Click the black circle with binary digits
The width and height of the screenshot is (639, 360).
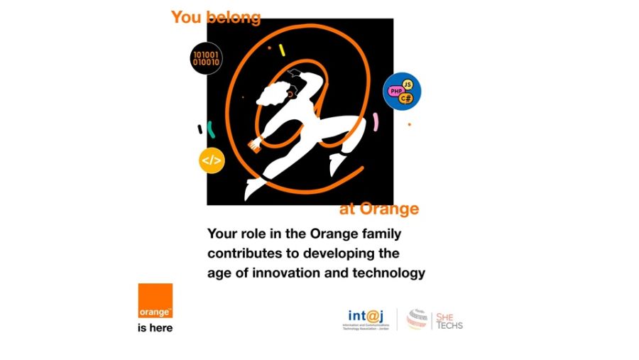click(206, 58)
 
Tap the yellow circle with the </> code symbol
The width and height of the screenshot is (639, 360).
click(211, 160)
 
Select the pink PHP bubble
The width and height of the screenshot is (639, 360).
click(395, 92)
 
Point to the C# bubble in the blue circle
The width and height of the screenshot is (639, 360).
click(406, 99)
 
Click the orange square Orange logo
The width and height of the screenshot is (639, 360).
click(155, 301)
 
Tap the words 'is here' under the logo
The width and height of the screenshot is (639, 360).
click(155, 328)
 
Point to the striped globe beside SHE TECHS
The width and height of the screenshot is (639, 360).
click(417, 319)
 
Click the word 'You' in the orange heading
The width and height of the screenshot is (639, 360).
click(186, 18)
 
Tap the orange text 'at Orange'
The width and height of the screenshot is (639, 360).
click(378, 209)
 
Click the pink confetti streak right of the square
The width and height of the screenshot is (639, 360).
click(376, 122)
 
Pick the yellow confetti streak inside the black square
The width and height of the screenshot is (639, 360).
click(282, 50)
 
